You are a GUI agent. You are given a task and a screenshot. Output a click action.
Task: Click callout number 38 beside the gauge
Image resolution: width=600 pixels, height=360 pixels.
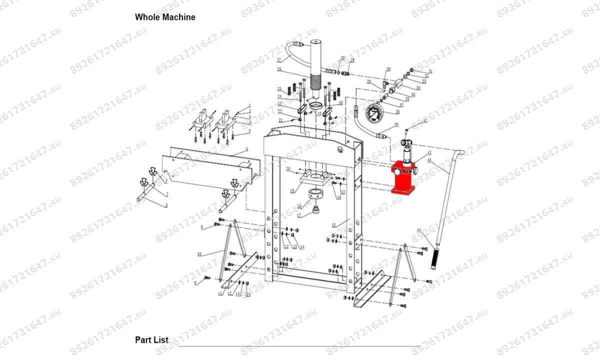point(397,111)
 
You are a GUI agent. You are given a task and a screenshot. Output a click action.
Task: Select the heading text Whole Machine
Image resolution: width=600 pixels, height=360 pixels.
point(165,17)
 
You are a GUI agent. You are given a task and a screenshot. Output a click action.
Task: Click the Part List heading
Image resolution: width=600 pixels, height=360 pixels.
point(151,340)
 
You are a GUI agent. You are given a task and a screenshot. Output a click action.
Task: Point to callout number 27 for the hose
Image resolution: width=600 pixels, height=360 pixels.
point(279,60)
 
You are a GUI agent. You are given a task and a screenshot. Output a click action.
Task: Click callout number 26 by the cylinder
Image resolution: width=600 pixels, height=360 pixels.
point(279,69)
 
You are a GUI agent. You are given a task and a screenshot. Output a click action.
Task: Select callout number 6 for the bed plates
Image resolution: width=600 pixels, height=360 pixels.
point(246,150)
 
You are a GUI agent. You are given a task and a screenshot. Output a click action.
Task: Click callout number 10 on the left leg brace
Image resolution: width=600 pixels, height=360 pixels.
point(199,254)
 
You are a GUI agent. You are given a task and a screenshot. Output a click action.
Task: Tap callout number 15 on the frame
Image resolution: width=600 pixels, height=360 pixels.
point(333,225)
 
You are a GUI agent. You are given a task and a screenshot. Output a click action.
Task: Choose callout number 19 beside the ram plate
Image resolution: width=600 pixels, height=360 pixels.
point(292,191)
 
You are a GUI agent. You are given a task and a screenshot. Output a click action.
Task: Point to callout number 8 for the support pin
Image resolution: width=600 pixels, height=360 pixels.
point(166,204)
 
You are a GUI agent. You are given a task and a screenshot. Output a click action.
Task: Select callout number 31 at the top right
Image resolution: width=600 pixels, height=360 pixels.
point(430,72)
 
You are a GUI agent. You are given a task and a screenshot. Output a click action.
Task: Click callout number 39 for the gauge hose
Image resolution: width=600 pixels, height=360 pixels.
point(396,124)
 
